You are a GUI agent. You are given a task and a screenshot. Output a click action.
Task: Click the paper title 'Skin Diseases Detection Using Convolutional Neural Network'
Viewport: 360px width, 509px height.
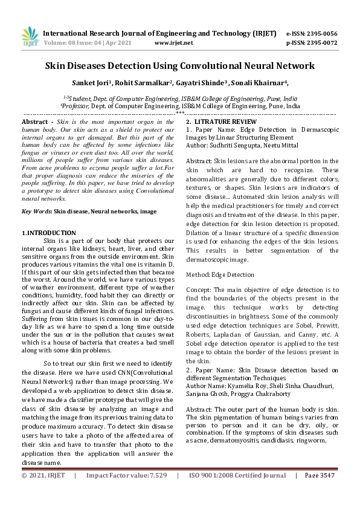pyautogui.click(x=179, y=65)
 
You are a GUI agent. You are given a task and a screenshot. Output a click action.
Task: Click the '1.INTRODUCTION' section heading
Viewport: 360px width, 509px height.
pyautogui.click(x=48, y=233)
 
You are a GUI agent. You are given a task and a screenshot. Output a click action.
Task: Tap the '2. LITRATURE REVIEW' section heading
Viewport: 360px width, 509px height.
pyautogui.click(x=220, y=122)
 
